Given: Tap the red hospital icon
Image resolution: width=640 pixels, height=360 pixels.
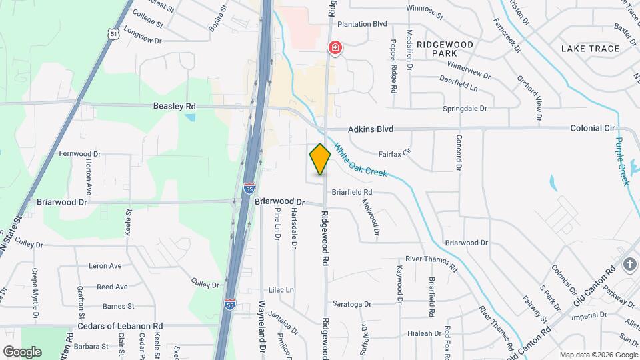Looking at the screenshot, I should (335, 48).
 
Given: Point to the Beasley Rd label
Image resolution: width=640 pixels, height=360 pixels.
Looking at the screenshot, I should (174, 106).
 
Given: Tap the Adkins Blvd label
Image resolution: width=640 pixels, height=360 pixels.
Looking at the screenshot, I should (370, 129).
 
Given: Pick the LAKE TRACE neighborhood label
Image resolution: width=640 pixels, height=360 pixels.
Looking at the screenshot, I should (590, 49).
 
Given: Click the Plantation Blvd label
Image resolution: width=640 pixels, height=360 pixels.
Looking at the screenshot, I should (362, 24).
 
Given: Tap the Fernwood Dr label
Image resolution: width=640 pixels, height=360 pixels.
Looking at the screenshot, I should (79, 153).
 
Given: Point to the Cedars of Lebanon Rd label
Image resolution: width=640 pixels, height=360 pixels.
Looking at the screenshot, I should (120, 326).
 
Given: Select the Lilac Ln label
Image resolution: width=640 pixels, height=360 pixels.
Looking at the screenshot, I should (280, 290).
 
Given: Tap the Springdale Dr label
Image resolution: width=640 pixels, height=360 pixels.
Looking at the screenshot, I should (465, 108).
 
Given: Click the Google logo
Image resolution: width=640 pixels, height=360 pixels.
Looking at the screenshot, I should (22, 351).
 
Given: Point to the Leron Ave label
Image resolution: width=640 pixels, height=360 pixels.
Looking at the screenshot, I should (105, 266).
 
